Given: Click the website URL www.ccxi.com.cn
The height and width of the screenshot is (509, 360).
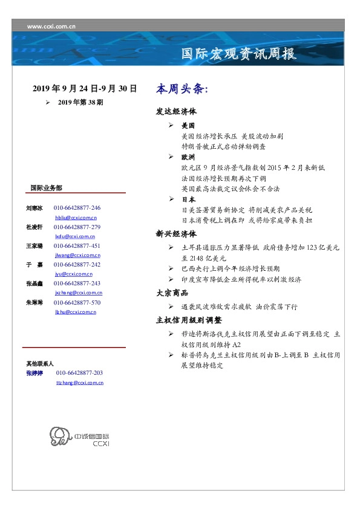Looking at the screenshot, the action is (51, 26).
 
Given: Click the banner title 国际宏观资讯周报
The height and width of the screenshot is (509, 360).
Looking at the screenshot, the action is (239, 54).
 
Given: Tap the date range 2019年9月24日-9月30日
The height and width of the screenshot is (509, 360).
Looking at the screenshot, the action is (85, 89).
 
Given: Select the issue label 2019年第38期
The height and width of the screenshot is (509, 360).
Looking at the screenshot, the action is (81, 102).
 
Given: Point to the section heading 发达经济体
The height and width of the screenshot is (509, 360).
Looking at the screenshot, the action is (176, 112).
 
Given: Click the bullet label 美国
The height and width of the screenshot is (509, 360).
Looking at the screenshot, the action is (188, 126).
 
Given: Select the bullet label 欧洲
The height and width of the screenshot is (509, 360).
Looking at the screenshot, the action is (188, 157).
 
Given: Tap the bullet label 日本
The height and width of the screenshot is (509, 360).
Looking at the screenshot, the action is (188, 199).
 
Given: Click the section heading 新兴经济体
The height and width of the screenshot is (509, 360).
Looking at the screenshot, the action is (176, 233).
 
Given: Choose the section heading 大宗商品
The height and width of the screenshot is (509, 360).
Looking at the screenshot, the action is (172, 293).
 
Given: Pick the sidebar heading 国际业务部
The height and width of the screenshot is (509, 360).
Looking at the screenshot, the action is (46, 187).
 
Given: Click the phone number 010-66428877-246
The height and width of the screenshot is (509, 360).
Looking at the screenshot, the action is (77, 207).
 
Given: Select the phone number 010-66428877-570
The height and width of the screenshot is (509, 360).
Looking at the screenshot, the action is (77, 302).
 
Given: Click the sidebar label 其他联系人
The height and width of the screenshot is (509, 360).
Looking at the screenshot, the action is (40, 363).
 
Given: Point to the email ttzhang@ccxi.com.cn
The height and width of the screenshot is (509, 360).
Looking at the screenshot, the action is (80, 383).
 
